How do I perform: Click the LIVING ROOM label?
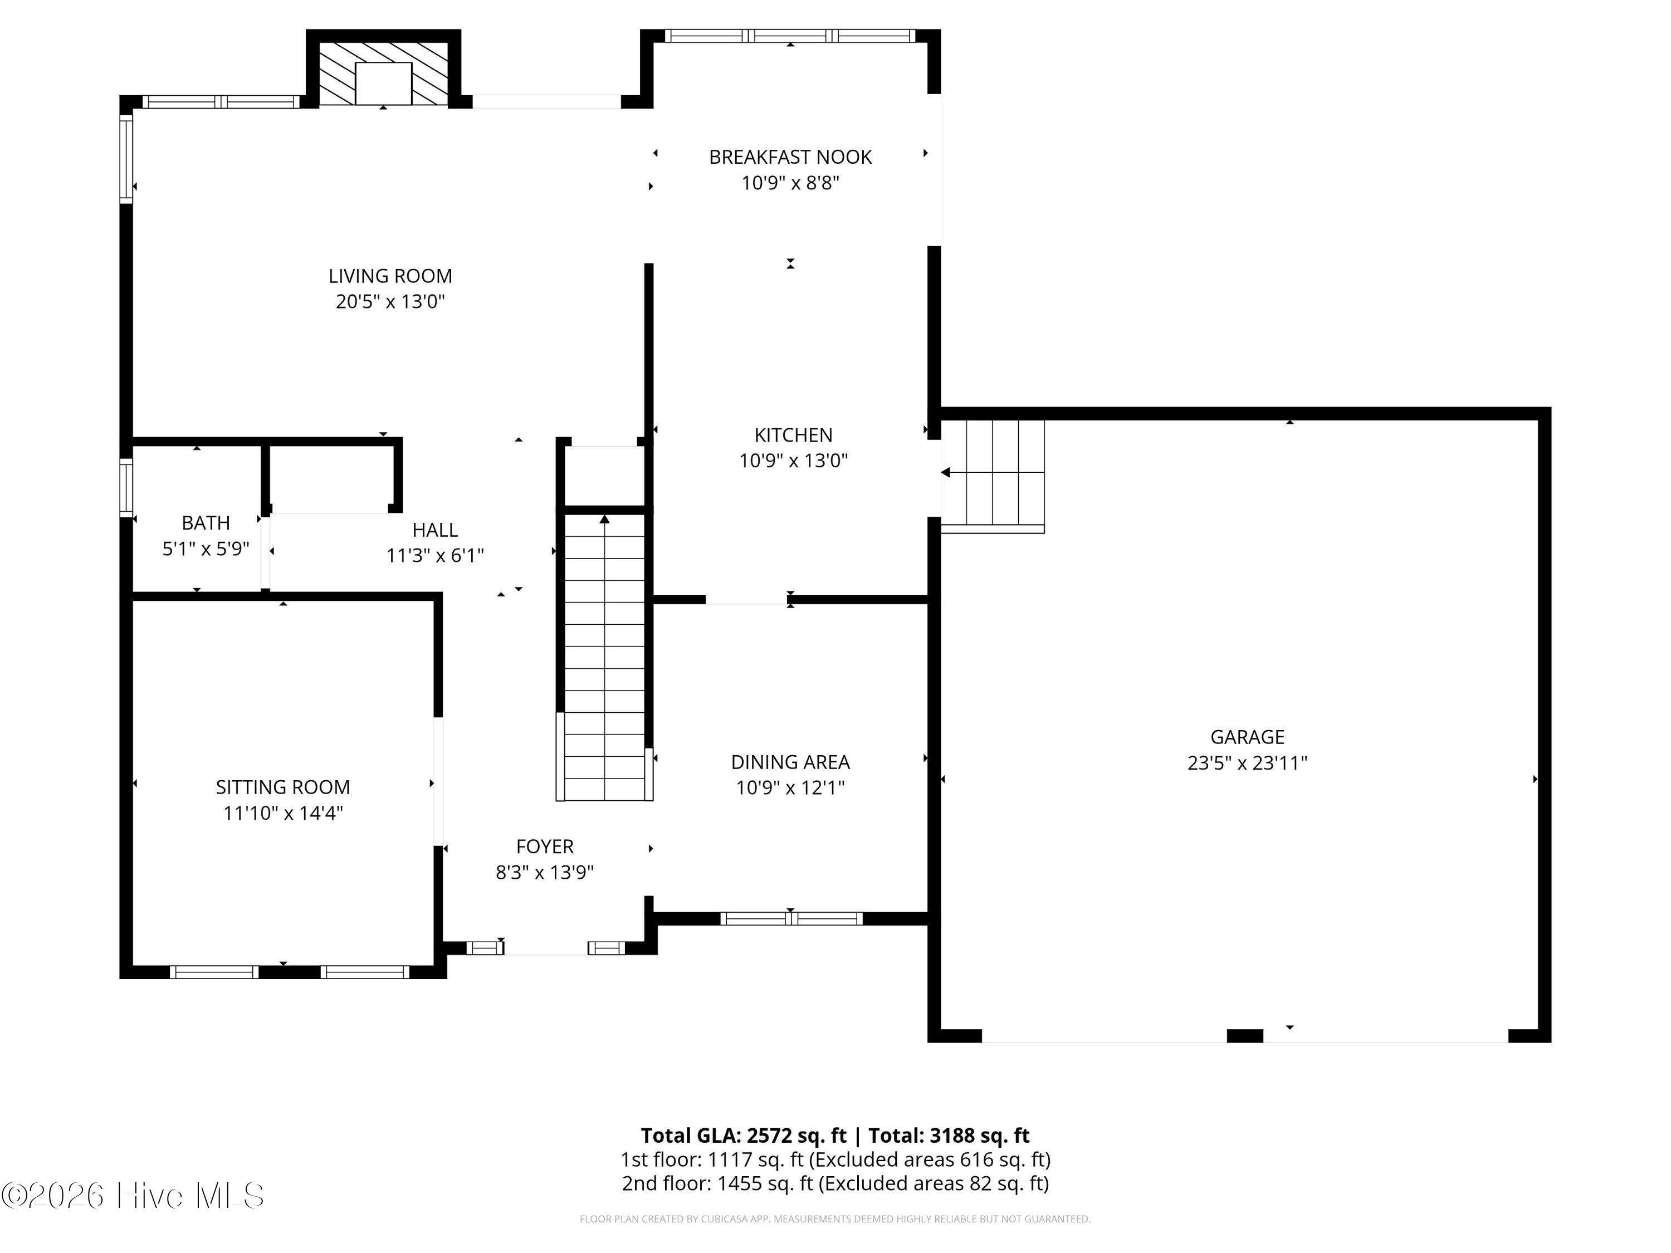coord(390,276)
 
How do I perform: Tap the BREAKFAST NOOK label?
coord(790,157)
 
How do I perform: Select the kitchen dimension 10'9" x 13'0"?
coord(793,461)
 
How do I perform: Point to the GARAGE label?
coord(1247,737)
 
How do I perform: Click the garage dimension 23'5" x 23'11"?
coord(1247,763)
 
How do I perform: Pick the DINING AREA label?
coord(790,762)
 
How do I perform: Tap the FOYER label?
coord(545,846)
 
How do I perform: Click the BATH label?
coord(206,523)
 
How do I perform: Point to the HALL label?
coord(435,530)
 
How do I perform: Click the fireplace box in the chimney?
coord(383,83)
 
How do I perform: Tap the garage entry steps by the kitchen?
coord(993,476)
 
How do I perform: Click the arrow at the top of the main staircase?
coord(604,520)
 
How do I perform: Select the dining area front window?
coord(791,918)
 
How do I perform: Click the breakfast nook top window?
coord(790,36)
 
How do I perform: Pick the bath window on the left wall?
coord(126,487)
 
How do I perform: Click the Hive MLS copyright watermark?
coord(133,1196)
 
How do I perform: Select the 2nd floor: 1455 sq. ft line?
coord(836,1183)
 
